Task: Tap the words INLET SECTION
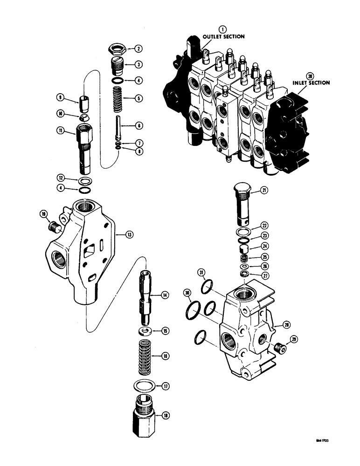(x=311, y=82)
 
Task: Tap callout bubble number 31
(x=201, y=273)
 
